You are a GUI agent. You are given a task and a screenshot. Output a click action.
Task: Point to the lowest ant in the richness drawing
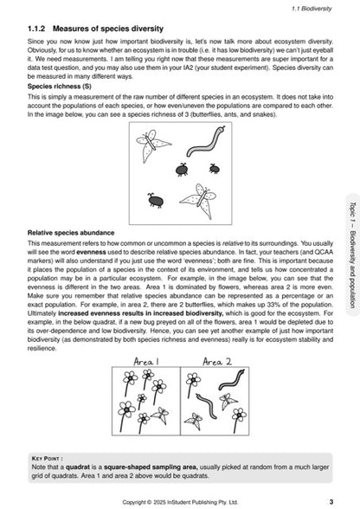click(x=158, y=201)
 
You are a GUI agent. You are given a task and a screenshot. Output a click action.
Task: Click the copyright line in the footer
click(x=179, y=500)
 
